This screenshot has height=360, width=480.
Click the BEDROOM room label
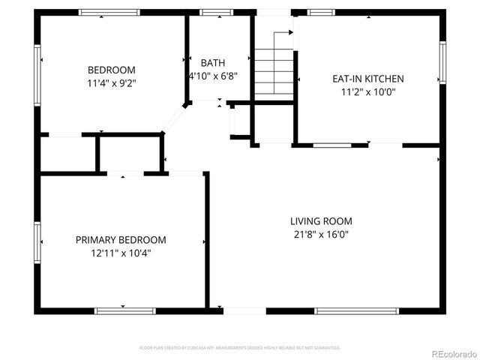[x=111, y=70]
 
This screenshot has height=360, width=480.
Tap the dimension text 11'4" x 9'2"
[x=111, y=84]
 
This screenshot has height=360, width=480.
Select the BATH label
[x=212, y=63]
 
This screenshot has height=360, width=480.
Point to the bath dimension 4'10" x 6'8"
[x=213, y=76]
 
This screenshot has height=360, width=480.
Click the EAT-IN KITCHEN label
[x=367, y=79]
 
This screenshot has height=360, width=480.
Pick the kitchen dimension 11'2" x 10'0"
[x=367, y=92]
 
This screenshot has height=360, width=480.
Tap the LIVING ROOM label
[x=321, y=221]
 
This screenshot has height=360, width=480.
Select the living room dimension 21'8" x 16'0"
[x=321, y=235]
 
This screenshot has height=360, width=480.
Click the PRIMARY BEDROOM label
[x=121, y=240]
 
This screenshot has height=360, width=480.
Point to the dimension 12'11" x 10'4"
[x=121, y=253]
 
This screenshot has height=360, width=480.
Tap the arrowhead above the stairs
[x=289, y=33]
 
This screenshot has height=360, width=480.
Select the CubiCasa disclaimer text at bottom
[x=240, y=348]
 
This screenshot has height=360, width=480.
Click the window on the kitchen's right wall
[x=442, y=63]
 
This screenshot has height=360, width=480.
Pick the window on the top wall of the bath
[x=216, y=12]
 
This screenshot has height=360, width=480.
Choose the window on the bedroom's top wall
[x=109, y=12]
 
